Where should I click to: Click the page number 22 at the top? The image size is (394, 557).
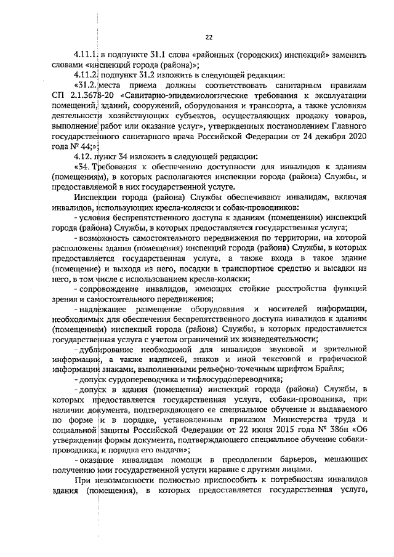[208, 36]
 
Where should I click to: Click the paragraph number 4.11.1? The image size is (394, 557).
[86, 55]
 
